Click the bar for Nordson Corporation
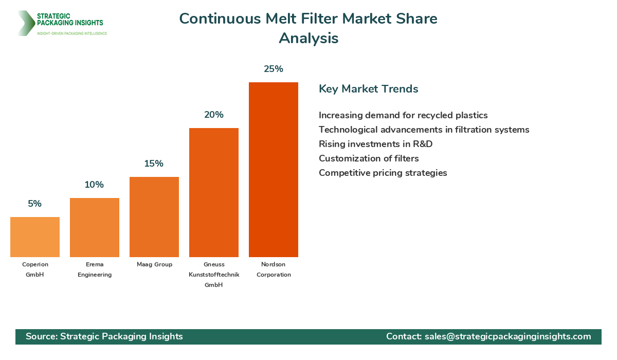(x=273, y=170)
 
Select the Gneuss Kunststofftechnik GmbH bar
(x=213, y=192)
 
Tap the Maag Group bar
(x=154, y=217)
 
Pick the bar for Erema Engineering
(x=94, y=227)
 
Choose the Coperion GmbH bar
(x=34, y=237)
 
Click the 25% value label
(x=273, y=69)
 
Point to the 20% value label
(x=213, y=115)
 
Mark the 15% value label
(x=154, y=164)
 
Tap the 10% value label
(x=94, y=185)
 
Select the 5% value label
(x=34, y=204)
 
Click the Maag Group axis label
(x=154, y=264)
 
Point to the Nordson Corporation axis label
(x=273, y=269)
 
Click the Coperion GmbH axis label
(x=35, y=269)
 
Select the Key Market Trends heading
(x=368, y=88)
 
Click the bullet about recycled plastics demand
(x=403, y=115)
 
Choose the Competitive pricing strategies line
(x=383, y=173)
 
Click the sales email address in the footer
(x=507, y=336)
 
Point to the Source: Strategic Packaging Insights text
(x=104, y=336)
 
